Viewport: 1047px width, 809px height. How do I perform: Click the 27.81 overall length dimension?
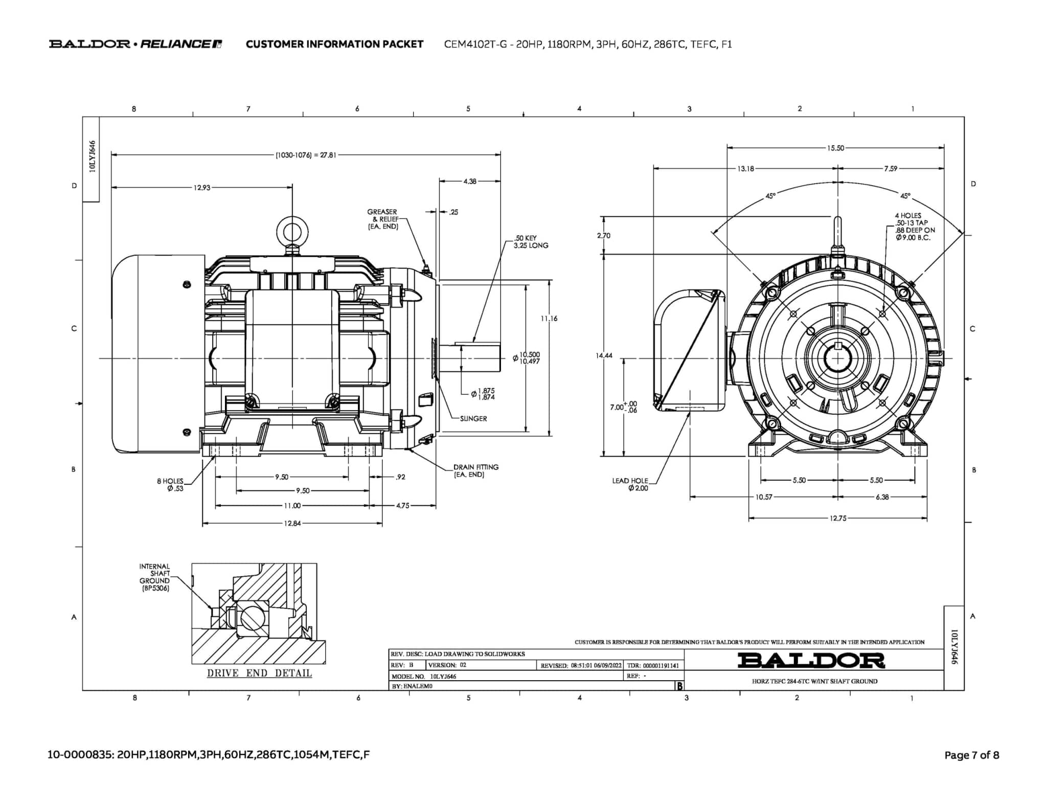pyautogui.click(x=306, y=155)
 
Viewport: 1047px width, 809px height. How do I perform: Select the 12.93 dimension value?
pyautogui.click(x=201, y=188)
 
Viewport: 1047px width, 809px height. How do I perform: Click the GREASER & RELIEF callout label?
pyautogui.click(x=382, y=219)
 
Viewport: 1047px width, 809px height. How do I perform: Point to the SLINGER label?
pyautogui.click(x=473, y=418)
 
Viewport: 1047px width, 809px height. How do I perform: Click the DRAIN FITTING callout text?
pyautogui.click(x=475, y=470)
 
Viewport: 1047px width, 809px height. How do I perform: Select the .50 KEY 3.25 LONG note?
pyautogui.click(x=531, y=242)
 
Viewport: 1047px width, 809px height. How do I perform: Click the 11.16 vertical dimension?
pyautogui.click(x=549, y=319)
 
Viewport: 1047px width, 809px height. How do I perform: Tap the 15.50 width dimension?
pyautogui.click(x=835, y=148)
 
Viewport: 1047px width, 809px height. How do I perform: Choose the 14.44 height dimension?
pyautogui.click(x=604, y=355)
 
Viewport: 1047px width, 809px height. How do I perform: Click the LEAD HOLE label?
pyautogui.click(x=630, y=484)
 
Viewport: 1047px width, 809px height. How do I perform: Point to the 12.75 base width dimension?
pyautogui.click(x=837, y=518)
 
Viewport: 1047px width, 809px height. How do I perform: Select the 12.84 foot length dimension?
pyautogui.click(x=292, y=524)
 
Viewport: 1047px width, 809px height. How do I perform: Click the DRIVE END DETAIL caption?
pyautogui.click(x=259, y=673)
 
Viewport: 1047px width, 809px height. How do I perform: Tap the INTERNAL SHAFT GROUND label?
pyautogui.click(x=155, y=577)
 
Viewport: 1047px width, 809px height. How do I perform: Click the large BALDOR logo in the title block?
pyautogui.click(x=811, y=660)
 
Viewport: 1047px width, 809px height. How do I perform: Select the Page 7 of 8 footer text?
pyautogui.click(x=971, y=755)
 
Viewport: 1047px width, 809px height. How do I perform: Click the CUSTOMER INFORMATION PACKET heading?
pyautogui.click(x=334, y=44)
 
